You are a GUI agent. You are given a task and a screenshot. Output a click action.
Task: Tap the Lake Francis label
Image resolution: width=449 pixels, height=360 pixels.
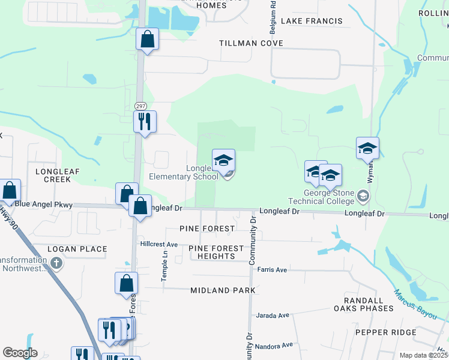(x=312, y=21)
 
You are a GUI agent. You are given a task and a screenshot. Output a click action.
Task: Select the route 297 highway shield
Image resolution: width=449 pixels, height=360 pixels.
(x=140, y=106)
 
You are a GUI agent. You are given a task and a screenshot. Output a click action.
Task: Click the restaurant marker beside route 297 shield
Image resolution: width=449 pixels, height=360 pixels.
(x=145, y=122)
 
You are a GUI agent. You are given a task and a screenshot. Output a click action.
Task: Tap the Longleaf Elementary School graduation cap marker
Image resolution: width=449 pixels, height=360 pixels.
(x=223, y=161)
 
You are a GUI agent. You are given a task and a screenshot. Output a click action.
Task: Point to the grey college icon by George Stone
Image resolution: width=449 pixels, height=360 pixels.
(x=363, y=196)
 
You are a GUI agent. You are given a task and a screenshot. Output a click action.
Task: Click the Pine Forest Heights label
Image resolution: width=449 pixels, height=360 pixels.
(x=216, y=252)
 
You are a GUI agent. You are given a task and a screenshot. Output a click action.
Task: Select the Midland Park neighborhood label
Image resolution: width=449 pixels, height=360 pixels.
(x=223, y=290)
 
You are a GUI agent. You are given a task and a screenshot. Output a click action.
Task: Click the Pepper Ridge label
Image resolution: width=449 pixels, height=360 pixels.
(x=385, y=332)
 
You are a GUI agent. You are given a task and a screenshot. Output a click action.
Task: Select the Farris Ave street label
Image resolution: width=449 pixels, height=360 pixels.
(x=272, y=270)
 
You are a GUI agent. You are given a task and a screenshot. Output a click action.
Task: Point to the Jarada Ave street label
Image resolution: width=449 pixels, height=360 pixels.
(x=273, y=315)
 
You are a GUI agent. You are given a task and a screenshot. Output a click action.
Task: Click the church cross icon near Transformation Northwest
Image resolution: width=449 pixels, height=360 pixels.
(x=56, y=263)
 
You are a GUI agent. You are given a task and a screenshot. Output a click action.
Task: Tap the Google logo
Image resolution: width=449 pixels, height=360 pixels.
(x=20, y=353)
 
